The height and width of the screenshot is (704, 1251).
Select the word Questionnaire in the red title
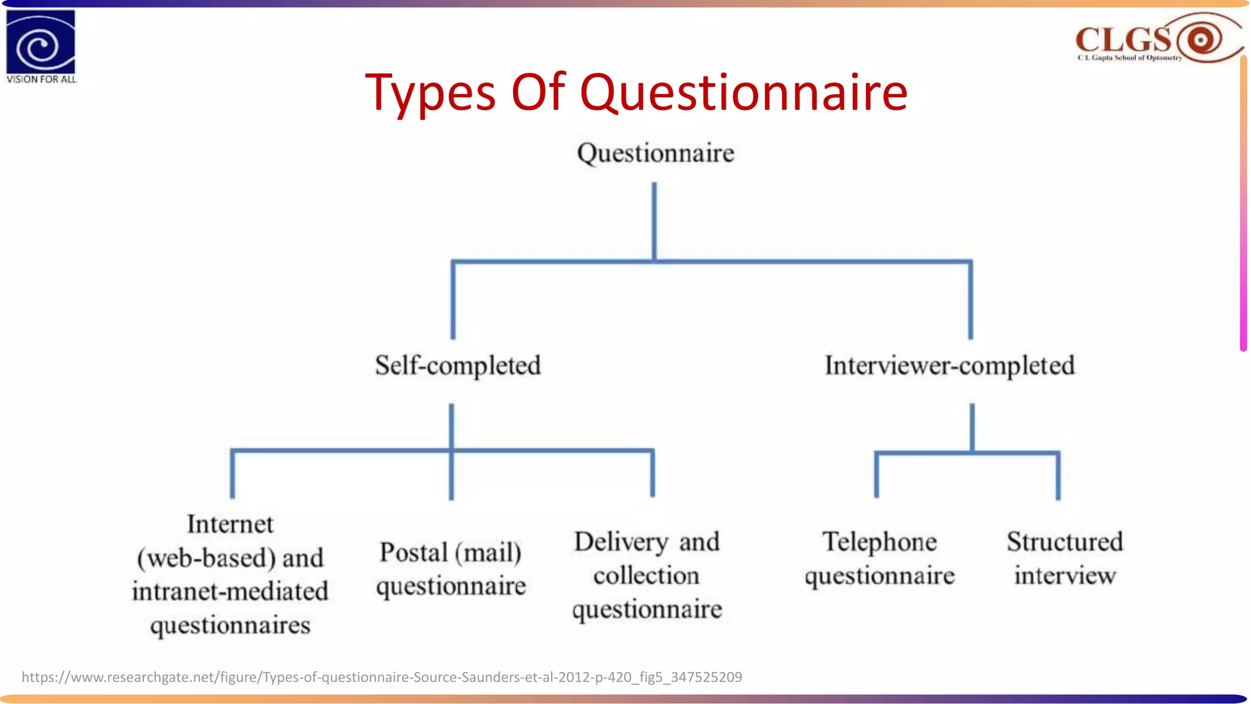click(743, 93)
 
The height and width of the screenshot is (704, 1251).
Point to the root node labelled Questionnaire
click(655, 153)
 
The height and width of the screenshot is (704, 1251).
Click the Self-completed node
click(458, 365)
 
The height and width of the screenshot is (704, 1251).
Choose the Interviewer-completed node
click(949, 365)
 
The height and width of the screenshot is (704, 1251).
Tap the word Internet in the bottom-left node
click(230, 524)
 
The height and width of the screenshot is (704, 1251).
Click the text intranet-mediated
click(230, 592)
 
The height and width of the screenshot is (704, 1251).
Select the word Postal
click(414, 552)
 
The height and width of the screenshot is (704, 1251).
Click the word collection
click(646, 576)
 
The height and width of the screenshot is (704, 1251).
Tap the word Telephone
click(879, 542)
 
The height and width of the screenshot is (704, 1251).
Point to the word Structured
click(1065, 542)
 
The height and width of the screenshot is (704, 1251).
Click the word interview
click(1065, 576)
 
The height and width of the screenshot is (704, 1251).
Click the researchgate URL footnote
click(382, 677)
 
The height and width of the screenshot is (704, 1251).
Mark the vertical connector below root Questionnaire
click(654, 220)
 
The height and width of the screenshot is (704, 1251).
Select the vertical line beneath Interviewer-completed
click(972, 427)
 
